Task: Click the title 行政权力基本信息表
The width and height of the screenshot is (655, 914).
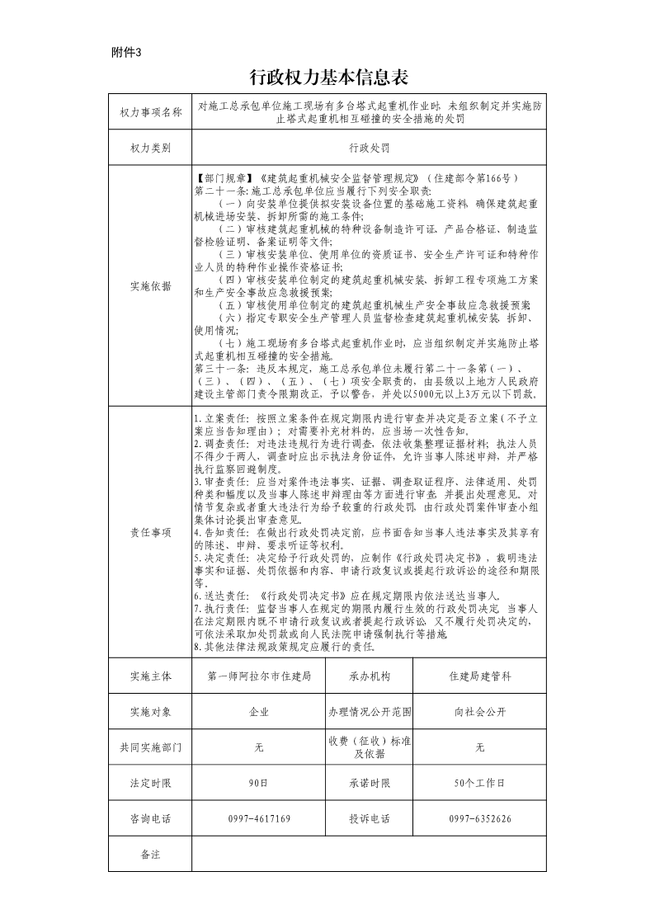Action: pyautogui.click(x=327, y=78)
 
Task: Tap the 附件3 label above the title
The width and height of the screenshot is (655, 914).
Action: pyautogui.click(x=126, y=52)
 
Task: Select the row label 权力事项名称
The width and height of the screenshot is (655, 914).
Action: pyautogui.click(x=150, y=112)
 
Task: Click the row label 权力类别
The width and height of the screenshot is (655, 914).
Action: pyautogui.click(x=150, y=148)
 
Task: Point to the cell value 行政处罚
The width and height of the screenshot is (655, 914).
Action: pyautogui.click(x=369, y=148)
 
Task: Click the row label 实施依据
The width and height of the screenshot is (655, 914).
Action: pyautogui.click(x=150, y=286)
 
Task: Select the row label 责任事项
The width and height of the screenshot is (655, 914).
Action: pyautogui.click(x=150, y=533)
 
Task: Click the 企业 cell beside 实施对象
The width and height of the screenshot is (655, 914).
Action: pyautogui.click(x=259, y=712)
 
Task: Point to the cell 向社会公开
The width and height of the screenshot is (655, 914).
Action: pyautogui.click(x=480, y=712)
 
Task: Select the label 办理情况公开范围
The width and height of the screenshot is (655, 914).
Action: pyautogui.click(x=369, y=712)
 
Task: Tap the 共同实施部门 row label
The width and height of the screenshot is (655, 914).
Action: pyautogui.click(x=150, y=747)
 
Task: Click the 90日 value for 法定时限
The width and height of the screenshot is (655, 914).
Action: pyautogui.click(x=259, y=783)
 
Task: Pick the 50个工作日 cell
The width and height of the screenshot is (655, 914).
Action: pyautogui.click(x=480, y=783)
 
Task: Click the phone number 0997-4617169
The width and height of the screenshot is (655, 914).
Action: pyautogui.click(x=259, y=819)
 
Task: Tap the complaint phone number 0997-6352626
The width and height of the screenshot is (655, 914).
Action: pyautogui.click(x=480, y=819)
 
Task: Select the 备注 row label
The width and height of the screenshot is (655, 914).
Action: pyautogui.click(x=150, y=855)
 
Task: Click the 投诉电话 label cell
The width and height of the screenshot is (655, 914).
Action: pyautogui.click(x=369, y=819)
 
